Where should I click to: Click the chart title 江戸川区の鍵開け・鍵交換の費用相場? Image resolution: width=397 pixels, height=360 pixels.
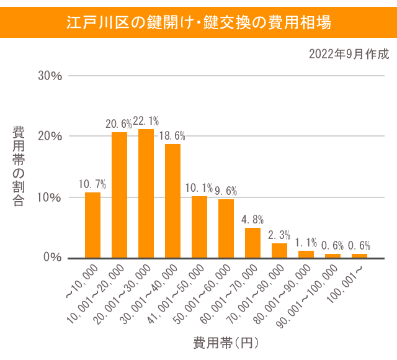(x=198, y=23)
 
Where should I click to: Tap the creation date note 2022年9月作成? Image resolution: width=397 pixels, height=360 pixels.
(x=349, y=54)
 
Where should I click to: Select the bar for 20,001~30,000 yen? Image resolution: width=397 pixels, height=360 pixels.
(x=146, y=193)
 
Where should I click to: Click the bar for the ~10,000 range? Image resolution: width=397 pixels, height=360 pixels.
(x=92, y=225)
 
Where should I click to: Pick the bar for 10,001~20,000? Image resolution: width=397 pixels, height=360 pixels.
(x=119, y=195)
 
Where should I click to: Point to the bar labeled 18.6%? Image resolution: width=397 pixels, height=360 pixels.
(x=172, y=200)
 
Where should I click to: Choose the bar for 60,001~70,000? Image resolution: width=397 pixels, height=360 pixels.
(x=252, y=242)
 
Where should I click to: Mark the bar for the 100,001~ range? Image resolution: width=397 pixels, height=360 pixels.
(x=359, y=255)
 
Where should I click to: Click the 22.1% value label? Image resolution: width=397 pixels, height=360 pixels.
(x=146, y=121)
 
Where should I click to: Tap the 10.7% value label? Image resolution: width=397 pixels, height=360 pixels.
(x=92, y=184)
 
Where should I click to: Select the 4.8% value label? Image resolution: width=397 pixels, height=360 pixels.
(x=252, y=219)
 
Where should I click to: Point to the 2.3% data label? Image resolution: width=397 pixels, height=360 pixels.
(x=279, y=235)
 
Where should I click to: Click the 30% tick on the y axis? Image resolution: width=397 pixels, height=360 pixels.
(x=50, y=76)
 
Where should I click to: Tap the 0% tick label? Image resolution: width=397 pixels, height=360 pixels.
(x=53, y=258)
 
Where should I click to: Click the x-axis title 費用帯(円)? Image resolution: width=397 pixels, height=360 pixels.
(x=225, y=342)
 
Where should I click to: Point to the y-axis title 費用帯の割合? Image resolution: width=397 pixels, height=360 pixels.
(x=19, y=166)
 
